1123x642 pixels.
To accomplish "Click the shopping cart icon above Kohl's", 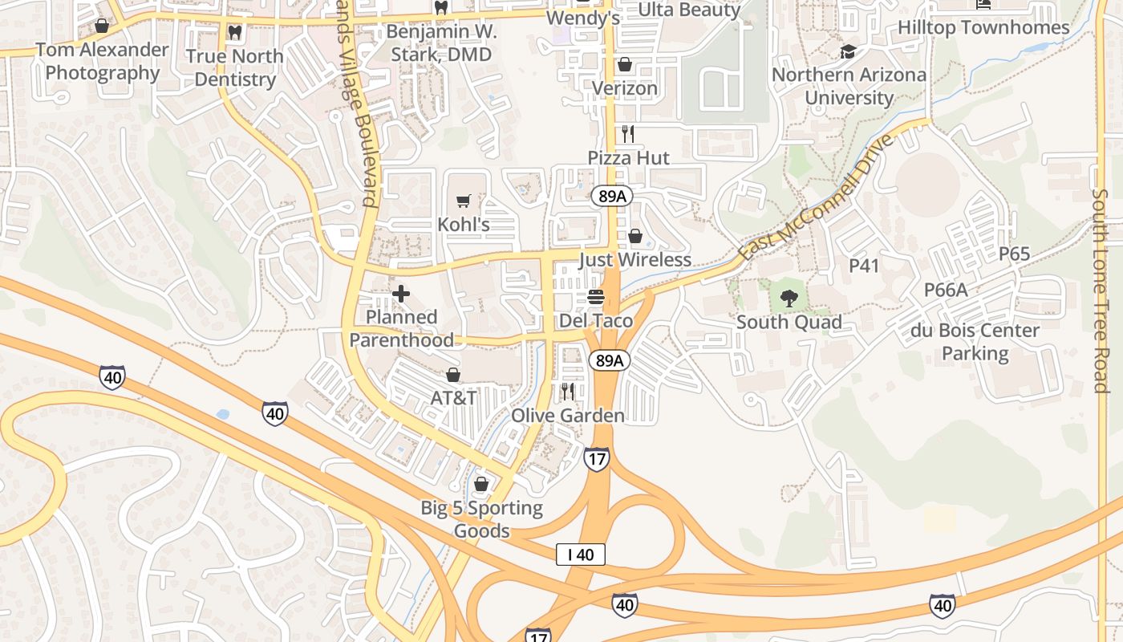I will click(463, 201).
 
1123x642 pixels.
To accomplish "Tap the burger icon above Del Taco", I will click(595, 297).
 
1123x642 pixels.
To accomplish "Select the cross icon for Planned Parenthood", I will click(401, 294).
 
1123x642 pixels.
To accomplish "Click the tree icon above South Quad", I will click(789, 299).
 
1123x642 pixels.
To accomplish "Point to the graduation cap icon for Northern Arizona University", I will click(848, 52).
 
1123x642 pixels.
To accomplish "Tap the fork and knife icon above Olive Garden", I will click(568, 392).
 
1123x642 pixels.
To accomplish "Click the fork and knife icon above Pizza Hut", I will click(628, 134).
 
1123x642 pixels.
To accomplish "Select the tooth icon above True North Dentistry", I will click(234, 33).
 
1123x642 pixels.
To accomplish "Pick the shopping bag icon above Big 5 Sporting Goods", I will click(481, 484).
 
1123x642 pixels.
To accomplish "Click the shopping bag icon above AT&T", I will click(453, 375).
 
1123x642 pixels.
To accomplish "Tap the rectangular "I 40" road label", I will click(580, 554).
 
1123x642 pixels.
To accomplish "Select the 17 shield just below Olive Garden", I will click(597, 459).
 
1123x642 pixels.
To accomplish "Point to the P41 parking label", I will click(865, 266).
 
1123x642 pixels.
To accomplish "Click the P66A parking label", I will click(946, 290).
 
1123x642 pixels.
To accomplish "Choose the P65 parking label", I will click(1014, 254).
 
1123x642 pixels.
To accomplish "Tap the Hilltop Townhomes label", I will click(983, 28).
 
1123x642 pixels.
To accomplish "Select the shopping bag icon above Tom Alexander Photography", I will click(102, 26).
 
